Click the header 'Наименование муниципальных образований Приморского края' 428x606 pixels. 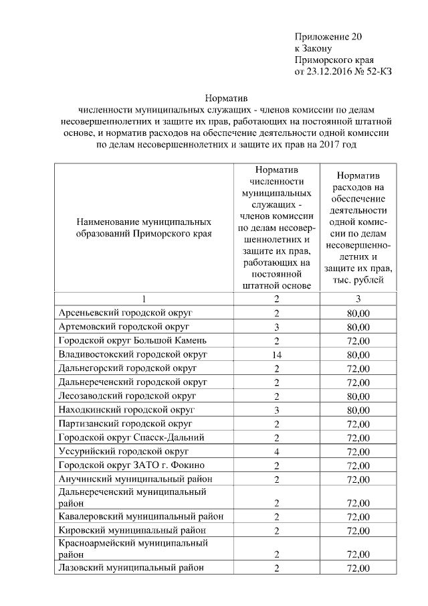[144, 228]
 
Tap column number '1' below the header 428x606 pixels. [142, 299]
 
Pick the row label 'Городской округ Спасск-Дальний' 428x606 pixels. [126, 437]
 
